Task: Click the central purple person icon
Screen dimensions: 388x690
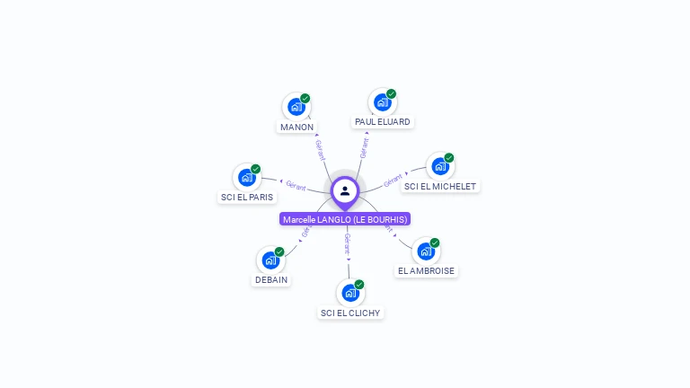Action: tap(345, 190)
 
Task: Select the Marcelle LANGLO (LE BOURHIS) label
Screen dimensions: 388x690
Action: tap(345, 219)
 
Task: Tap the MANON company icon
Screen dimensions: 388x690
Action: tap(296, 108)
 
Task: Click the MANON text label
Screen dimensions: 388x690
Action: tap(296, 127)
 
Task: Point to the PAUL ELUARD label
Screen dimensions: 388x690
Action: tap(382, 121)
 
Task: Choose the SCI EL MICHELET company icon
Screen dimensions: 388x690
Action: tap(439, 166)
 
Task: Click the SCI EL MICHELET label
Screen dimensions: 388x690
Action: tap(440, 186)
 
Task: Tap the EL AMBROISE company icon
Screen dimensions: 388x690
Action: tap(426, 251)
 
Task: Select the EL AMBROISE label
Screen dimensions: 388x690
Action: tap(427, 270)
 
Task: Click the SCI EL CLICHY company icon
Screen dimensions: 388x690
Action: tap(350, 293)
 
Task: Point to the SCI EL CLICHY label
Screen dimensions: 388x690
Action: tap(350, 313)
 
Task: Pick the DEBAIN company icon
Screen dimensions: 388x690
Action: tap(270, 260)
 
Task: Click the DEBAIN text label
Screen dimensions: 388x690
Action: tap(270, 279)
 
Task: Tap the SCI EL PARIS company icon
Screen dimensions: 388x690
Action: tap(247, 178)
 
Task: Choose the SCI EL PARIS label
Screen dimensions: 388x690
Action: tap(247, 197)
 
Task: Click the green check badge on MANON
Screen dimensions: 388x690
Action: tap(305, 99)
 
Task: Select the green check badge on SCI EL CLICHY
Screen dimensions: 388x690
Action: tap(359, 284)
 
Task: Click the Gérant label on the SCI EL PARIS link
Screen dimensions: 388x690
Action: tap(296, 187)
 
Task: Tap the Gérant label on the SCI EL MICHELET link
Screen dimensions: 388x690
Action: tap(393, 181)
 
